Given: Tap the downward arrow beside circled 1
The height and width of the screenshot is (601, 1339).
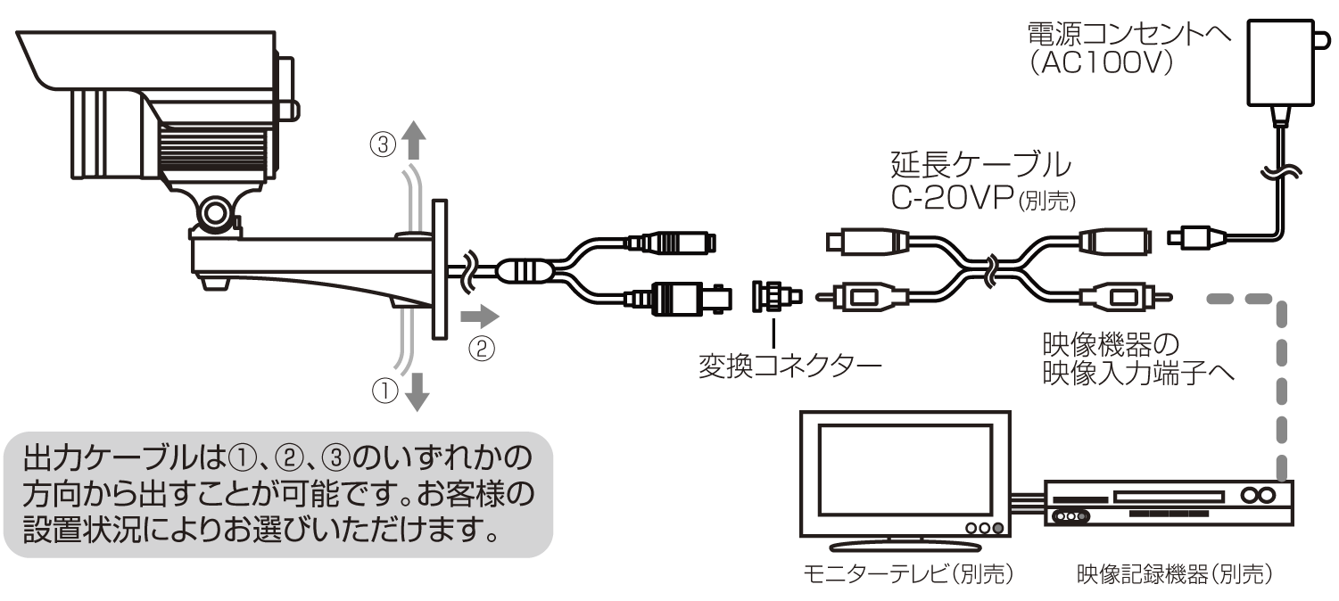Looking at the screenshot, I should coord(416,393).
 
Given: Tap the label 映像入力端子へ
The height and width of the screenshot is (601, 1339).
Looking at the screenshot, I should coord(1138,373).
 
